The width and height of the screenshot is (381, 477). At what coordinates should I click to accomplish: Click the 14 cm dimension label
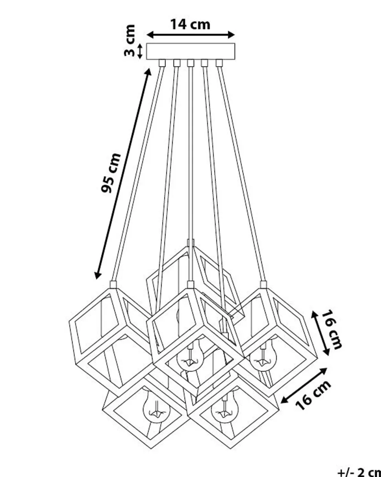(190, 24)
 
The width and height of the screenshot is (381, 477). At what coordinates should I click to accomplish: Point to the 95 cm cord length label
(111, 173)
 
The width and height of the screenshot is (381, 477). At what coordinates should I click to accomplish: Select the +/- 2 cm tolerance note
(359, 471)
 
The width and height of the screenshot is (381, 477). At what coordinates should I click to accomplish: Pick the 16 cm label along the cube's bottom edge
(313, 395)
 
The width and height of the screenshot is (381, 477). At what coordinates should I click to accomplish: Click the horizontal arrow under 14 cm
(190, 35)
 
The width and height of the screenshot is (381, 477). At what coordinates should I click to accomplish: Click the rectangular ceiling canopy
(190, 51)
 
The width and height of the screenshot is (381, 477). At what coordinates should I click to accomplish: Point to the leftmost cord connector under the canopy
(162, 63)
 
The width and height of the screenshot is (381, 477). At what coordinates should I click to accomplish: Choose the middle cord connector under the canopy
(190, 63)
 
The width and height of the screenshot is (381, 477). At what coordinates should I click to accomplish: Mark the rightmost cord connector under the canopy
(219, 63)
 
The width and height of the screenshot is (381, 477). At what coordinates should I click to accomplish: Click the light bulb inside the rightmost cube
(263, 358)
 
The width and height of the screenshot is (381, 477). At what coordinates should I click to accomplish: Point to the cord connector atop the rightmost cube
(263, 284)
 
